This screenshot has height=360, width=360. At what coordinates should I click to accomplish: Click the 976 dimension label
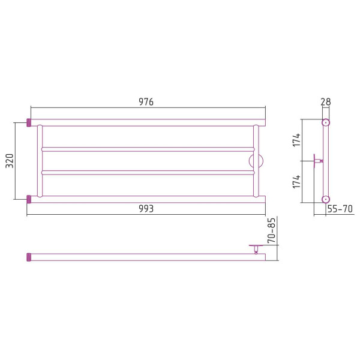tap(146, 102)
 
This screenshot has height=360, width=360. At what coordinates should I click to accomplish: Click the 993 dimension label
tap(146, 209)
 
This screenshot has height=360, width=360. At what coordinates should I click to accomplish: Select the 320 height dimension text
tap(10, 161)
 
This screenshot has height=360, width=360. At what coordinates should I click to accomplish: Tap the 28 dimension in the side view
tap(326, 102)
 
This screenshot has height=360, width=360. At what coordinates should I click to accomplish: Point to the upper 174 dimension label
tap(296, 140)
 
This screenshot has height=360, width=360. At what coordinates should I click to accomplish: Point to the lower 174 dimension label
tap(296, 181)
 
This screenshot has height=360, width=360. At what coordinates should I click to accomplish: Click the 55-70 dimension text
tap(340, 209)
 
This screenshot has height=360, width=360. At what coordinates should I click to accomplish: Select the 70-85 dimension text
tap(271, 230)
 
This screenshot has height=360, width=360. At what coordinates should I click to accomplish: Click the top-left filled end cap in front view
tap(29, 122)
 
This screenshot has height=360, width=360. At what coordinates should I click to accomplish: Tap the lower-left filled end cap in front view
tap(29, 199)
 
